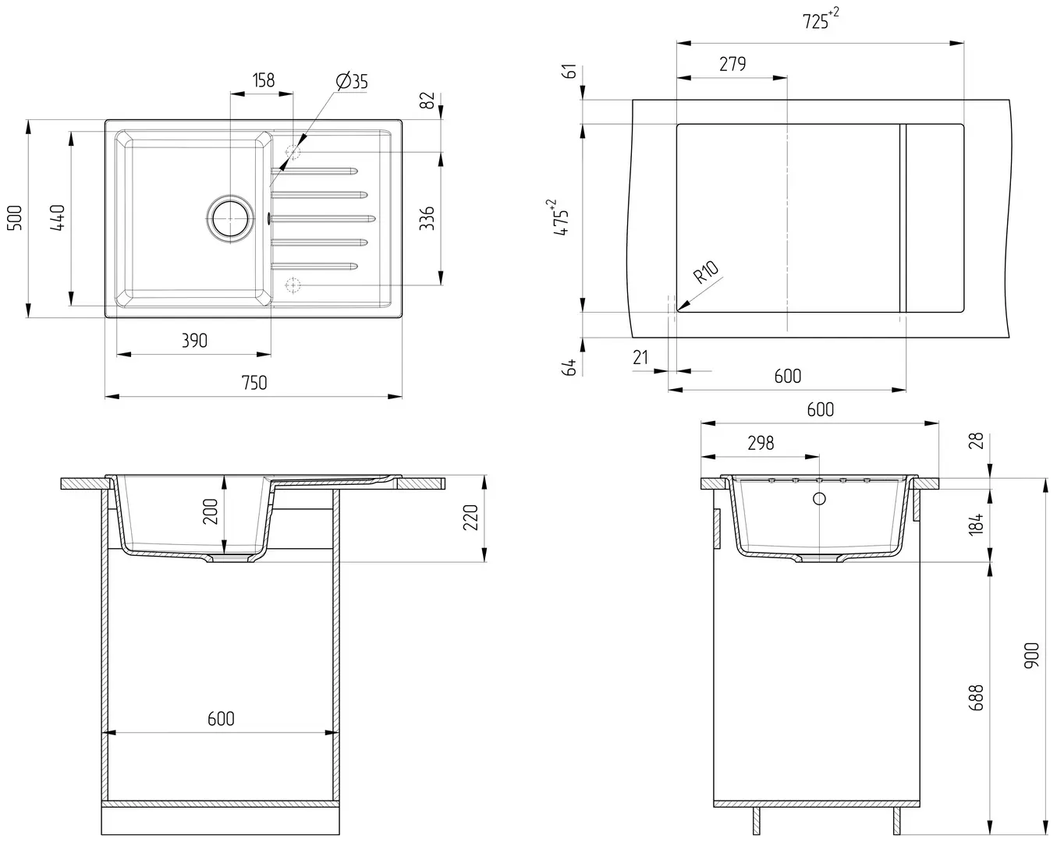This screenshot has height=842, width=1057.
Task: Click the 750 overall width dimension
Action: pyautogui.click(x=254, y=382)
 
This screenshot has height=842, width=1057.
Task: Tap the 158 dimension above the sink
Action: pyautogui.click(x=264, y=80)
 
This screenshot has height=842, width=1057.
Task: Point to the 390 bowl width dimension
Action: pyautogui.click(x=194, y=340)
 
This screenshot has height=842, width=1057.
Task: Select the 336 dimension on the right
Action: pyautogui.click(x=426, y=218)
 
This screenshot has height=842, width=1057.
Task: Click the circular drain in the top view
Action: pyautogui.click(x=230, y=218)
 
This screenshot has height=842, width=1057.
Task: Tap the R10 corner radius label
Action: pyautogui.click(x=706, y=272)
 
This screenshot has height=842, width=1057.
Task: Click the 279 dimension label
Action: pyautogui.click(x=732, y=64)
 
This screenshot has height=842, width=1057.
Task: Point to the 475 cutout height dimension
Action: pyautogui.click(x=560, y=218)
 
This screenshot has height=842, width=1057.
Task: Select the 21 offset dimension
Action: pyautogui.click(x=640, y=357)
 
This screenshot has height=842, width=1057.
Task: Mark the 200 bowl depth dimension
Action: pyautogui.click(x=211, y=511)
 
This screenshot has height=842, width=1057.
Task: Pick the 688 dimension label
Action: pyautogui.click(x=975, y=696)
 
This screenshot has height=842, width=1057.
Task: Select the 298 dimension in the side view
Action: pyautogui.click(x=761, y=443)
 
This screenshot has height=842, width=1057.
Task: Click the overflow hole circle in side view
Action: pyautogui.click(x=819, y=498)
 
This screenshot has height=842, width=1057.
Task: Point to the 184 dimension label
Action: pyautogui.click(x=975, y=522)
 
